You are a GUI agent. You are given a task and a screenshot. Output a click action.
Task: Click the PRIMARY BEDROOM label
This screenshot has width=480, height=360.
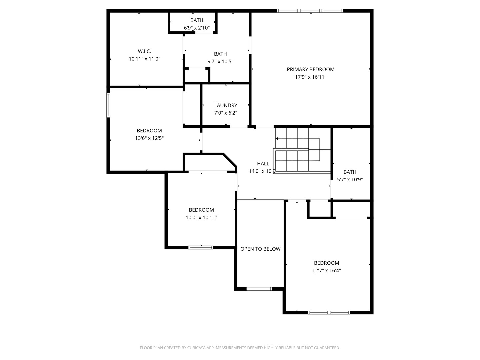pos(310,69)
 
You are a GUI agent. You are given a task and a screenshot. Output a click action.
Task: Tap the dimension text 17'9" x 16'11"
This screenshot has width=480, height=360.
pos(310,77)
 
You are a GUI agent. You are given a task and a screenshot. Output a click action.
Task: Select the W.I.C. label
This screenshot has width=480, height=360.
pos(144,51)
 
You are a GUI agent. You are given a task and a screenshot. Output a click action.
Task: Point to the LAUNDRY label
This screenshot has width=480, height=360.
pos(226,105)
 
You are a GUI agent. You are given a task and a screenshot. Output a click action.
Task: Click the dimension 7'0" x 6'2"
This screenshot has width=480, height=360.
pos(226,113)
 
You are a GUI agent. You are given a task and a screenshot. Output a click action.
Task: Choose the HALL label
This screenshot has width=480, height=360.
pos(263,164)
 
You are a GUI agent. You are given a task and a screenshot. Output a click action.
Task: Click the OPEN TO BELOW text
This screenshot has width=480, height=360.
pos(260,249)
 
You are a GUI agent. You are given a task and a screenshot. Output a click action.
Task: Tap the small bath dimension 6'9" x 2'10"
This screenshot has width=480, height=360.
pos(197,28)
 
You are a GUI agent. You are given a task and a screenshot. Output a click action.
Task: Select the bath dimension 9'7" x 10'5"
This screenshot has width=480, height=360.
pos(220,62)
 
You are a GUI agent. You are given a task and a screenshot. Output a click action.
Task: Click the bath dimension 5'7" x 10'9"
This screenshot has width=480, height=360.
pos(350,180)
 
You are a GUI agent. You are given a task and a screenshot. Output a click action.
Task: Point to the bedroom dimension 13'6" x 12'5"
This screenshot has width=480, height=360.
pos(149,138)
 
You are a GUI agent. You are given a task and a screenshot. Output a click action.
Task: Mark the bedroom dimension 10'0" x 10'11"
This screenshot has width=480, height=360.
pos(201,218)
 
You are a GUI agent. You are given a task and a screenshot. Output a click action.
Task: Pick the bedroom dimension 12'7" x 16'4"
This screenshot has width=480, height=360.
pos(326,271)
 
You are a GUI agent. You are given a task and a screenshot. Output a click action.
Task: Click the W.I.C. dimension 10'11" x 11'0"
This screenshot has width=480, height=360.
pos(144,59)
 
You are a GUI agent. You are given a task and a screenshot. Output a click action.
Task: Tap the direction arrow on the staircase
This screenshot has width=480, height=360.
pos(277,138)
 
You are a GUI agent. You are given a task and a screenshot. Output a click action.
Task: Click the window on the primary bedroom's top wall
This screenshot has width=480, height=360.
pos(310,11)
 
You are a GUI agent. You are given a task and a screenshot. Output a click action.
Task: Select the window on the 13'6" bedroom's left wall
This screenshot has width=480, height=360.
pos(108,105)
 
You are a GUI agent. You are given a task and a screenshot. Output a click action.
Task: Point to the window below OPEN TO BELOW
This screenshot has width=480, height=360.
pos(259,289)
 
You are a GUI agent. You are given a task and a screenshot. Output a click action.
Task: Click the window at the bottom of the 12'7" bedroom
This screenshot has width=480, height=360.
pos(329,312)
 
